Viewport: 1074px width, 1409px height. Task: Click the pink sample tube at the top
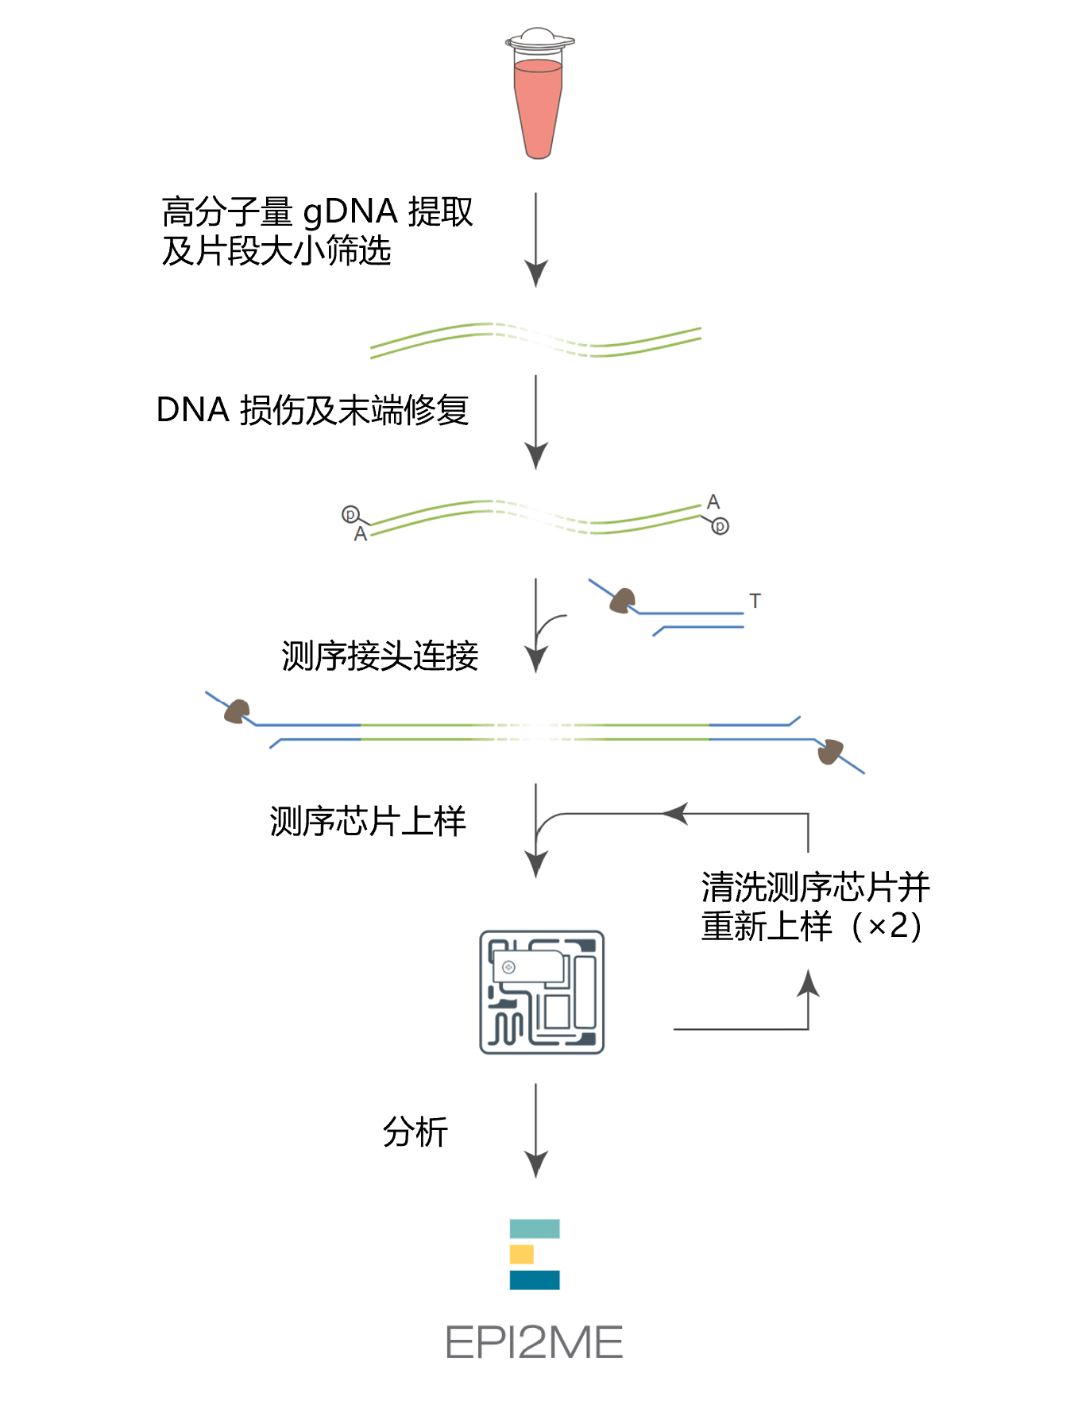(x=538, y=107)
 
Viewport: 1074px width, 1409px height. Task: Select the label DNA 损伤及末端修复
(x=312, y=410)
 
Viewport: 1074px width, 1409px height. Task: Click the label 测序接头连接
(x=380, y=656)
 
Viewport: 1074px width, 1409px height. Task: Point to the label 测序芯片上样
(x=367, y=821)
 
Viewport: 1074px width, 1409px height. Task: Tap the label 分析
(x=415, y=1132)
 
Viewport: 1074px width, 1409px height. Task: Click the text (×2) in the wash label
(x=887, y=927)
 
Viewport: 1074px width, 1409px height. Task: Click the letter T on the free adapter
(x=755, y=602)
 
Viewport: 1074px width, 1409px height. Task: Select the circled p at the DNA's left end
(x=350, y=514)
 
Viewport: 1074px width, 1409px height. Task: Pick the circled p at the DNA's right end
(x=720, y=526)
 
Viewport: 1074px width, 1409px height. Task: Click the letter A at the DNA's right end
(x=713, y=501)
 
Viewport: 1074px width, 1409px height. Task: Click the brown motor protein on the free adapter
(x=622, y=601)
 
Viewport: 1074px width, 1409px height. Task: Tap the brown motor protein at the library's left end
(x=237, y=711)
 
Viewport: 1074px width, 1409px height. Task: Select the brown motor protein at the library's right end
(x=829, y=751)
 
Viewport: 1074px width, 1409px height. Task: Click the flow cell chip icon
(x=542, y=992)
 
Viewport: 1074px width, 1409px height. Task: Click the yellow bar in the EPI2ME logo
(x=521, y=1254)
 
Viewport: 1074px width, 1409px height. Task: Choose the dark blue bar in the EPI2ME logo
(x=534, y=1279)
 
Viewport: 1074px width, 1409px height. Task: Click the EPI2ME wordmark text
(x=534, y=1342)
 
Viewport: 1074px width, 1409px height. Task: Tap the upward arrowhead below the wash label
(x=808, y=983)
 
